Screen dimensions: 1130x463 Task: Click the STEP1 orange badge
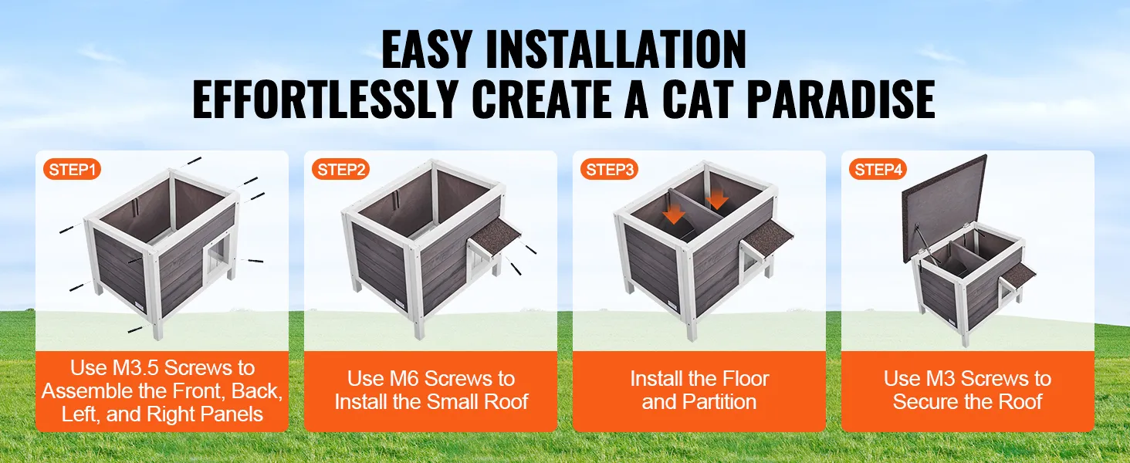(x=72, y=170)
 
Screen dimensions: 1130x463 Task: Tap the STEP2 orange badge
(x=341, y=170)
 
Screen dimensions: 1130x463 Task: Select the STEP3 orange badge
(x=610, y=170)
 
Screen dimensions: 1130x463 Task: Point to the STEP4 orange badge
(x=878, y=170)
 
